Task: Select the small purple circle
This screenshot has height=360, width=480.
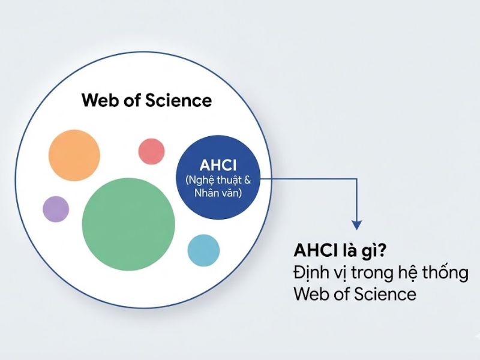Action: pyautogui.click(x=56, y=209)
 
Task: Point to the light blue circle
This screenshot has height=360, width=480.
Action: pyautogui.click(x=204, y=250)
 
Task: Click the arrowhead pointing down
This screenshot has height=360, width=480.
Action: pyautogui.click(x=357, y=225)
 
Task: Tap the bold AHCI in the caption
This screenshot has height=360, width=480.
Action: pyautogui.click(x=314, y=249)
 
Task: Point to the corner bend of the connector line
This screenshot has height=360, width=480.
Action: pyautogui.click(x=357, y=178)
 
